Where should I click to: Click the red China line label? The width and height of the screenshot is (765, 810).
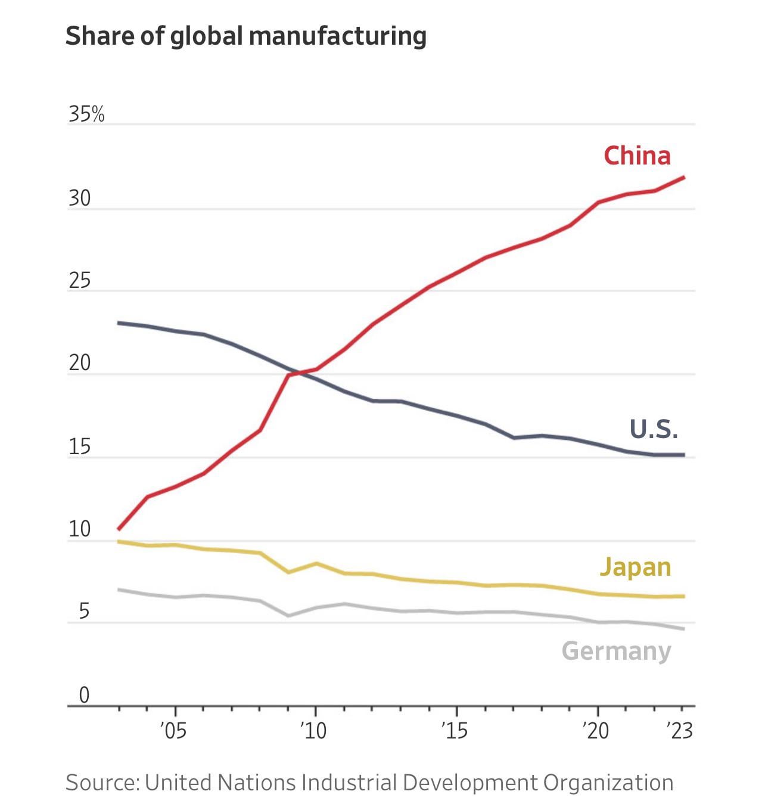637,156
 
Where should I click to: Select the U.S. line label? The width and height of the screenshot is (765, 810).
654,429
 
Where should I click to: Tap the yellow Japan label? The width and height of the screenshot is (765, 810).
635,567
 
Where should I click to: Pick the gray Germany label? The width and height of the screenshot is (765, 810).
616,651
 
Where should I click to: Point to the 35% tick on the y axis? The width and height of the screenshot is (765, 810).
86,114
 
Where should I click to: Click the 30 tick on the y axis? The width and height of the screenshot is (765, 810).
80,198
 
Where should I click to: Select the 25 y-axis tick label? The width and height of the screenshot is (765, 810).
80,281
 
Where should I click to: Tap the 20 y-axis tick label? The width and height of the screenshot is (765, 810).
80,363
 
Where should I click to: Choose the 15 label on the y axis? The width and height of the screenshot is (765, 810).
80,446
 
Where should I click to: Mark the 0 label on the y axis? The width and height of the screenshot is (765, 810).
84,695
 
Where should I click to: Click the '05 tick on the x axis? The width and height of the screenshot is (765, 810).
173,730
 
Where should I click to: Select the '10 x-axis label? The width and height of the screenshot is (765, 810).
313,730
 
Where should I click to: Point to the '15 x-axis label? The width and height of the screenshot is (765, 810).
455,730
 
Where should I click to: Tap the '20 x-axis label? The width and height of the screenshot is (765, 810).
596,730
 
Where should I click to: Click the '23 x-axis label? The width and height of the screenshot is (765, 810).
680,730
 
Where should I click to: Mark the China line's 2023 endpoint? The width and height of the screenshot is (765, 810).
683,177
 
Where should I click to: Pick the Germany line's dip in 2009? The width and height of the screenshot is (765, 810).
288,616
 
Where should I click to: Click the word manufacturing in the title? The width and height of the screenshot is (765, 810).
337,36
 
